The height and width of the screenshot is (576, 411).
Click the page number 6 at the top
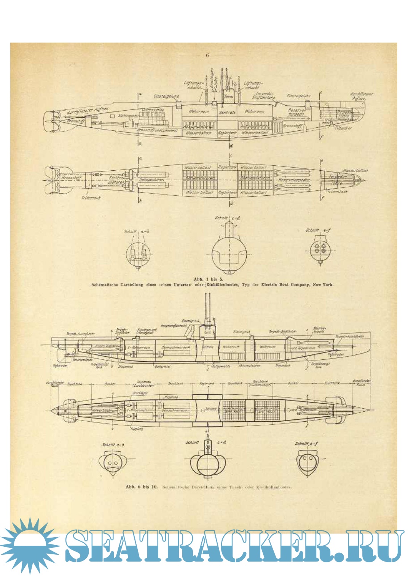pos(207,55)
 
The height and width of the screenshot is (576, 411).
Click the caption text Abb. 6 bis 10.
pos(141,487)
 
